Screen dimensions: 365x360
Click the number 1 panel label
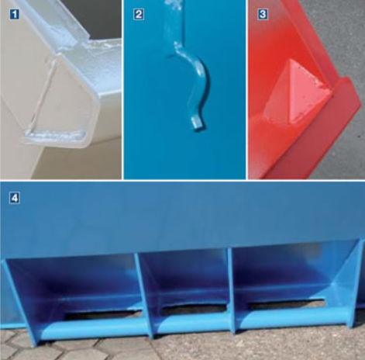pos(15,14)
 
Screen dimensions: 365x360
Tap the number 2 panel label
pos(139,14)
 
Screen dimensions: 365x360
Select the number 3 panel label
pos(263,14)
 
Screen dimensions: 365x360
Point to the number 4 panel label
pos(15,199)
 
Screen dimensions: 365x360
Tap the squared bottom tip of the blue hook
pos(198,123)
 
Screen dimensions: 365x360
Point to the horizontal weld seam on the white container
pos(56,134)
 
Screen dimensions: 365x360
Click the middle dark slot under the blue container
pos(194,308)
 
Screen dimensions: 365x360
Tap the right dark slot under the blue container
pos(285,305)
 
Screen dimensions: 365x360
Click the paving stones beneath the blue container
pos(181,347)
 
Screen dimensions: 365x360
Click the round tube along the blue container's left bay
pos(93,328)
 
